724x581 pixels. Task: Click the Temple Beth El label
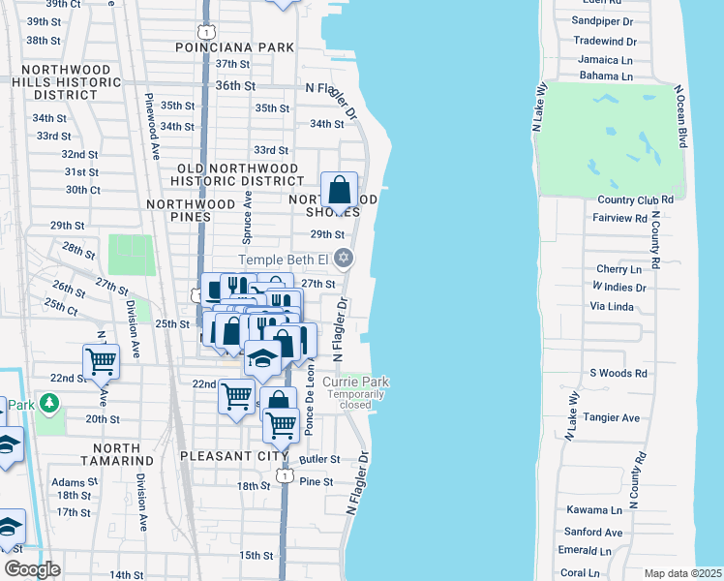285,259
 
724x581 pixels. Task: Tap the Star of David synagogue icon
342,259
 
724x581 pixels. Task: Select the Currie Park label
355,382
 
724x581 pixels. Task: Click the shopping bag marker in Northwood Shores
340,191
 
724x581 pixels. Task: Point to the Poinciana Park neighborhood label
234,46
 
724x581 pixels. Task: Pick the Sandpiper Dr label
601,20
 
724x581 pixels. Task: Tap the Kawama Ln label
593,509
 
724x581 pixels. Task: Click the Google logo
33,569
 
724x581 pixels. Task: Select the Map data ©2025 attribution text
682,573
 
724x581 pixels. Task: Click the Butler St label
320,459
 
